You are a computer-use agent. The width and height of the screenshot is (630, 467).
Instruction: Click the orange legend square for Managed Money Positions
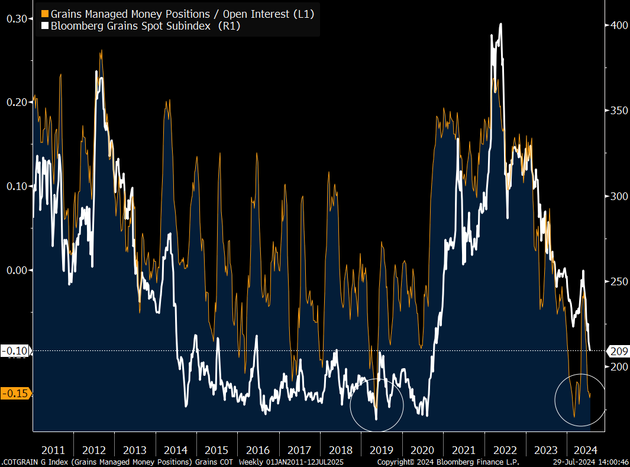coord(44,13)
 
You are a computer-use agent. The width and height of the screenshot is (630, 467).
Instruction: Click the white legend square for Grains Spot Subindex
coord(44,26)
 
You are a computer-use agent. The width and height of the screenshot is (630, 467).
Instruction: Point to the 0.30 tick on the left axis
coord(17,18)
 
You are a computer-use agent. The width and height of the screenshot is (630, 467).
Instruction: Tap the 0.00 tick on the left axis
coord(17,270)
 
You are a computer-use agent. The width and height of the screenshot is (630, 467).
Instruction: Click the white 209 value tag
coord(618,351)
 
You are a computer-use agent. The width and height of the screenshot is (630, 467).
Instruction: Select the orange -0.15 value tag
coord(17,394)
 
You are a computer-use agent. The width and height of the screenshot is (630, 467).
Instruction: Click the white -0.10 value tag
coord(17,351)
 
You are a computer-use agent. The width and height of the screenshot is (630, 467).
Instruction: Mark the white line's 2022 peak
coord(500,24)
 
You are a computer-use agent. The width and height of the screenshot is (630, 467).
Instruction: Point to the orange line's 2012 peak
coord(101,51)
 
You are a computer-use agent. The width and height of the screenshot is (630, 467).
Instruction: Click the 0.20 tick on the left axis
coord(17,102)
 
